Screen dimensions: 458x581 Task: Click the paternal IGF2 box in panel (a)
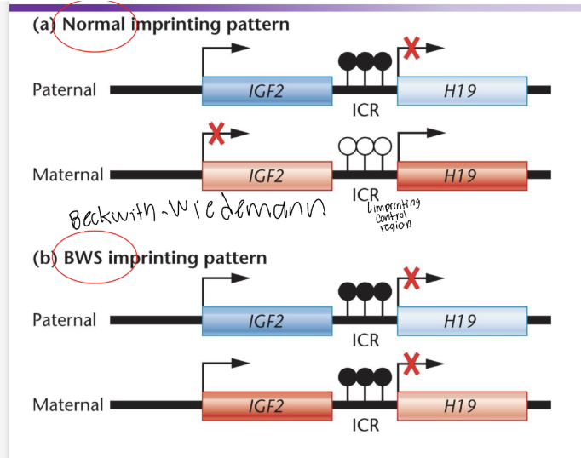pyautogui.click(x=267, y=90)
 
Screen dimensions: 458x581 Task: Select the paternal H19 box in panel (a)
pyautogui.click(x=461, y=90)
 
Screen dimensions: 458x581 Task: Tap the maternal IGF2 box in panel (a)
pyautogui.click(x=267, y=175)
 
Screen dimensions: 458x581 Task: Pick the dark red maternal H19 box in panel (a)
pyautogui.click(x=461, y=175)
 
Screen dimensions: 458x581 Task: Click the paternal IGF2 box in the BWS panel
pyautogui.click(x=267, y=321)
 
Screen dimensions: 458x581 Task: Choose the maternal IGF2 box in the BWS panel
pyautogui.click(x=267, y=405)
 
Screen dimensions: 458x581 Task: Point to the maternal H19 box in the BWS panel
pyautogui.click(x=461, y=405)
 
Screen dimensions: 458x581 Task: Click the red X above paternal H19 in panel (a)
pyautogui.click(x=411, y=49)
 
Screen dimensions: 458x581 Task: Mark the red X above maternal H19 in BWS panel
pyautogui.click(x=411, y=364)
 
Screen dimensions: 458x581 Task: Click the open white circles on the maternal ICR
pyautogui.click(x=365, y=146)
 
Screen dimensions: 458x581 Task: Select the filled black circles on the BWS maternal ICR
pyautogui.click(x=365, y=376)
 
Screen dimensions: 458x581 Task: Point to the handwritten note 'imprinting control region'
pyautogui.click(x=392, y=213)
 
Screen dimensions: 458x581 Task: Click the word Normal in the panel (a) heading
pyautogui.click(x=93, y=24)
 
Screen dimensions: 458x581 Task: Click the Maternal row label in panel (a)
pyautogui.click(x=67, y=175)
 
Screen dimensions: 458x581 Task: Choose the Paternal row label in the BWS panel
pyautogui.click(x=65, y=321)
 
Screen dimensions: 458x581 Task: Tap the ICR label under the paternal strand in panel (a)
pyautogui.click(x=365, y=110)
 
